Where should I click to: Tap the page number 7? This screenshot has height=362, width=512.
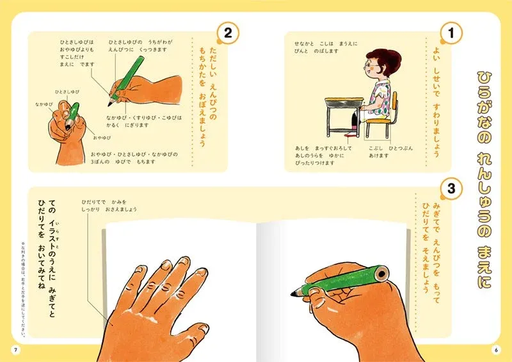(x=14, y=349)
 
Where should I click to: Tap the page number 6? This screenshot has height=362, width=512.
(x=497, y=349)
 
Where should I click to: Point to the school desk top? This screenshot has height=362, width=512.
(x=344, y=101)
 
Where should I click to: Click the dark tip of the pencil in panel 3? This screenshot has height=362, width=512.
(x=294, y=292)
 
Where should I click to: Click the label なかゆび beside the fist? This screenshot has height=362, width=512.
(x=43, y=104)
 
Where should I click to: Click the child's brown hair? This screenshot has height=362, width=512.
(x=375, y=54)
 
